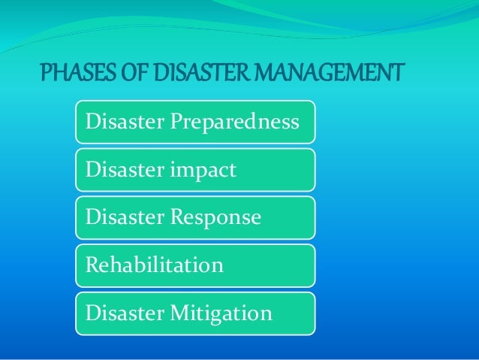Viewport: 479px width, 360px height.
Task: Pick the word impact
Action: click(202, 170)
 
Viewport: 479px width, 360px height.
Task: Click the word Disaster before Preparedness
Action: click(123, 122)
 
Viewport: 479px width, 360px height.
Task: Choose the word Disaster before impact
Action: click(123, 170)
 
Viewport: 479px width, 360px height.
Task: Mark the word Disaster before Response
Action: click(123, 218)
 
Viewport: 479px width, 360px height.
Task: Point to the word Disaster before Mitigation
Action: click(123, 313)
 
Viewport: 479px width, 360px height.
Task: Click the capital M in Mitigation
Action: click(179, 313)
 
